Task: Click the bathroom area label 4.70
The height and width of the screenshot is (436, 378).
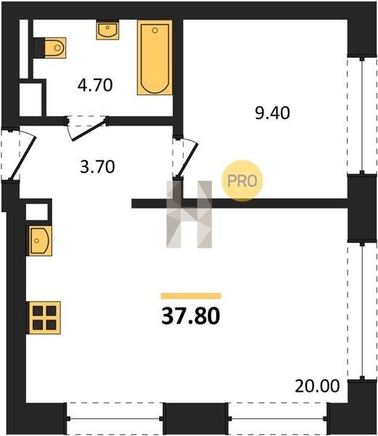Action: (x=95, y=85)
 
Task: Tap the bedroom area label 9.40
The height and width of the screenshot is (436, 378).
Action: (x=273, y=113)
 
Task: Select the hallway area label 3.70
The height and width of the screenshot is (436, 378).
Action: (x=97, y=167)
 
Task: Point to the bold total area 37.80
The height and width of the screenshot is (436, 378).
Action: (x=191, y=316)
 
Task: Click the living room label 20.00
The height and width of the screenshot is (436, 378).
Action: (x=317, y=386)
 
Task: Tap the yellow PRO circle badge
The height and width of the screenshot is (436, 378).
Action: (x=242, y=181)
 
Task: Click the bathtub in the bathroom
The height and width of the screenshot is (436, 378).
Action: (x=155, y=57)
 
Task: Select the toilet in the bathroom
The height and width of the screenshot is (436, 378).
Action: (x=55, y=48)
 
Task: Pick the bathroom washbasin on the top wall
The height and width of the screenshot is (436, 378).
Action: (x=107, y=30)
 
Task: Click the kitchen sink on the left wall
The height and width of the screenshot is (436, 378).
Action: (x=39, y=241)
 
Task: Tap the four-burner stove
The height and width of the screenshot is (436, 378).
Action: (x=44, y=318)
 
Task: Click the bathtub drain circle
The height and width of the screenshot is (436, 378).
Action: (x=155, y=31)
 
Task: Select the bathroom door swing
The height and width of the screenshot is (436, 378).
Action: (x=86, y=129)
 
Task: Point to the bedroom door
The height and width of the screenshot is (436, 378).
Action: (x=186, y=158)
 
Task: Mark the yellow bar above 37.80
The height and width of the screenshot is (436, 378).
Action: (x=191, y=296)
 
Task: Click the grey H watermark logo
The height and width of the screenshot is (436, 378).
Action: (x=189, y=214)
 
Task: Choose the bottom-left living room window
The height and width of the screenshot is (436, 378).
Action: (x=115, y=419)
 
